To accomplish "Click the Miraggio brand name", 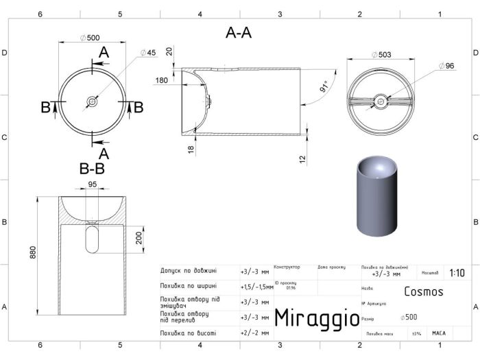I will [317, 317].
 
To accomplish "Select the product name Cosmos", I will [423, 291].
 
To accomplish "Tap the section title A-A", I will [238, 34].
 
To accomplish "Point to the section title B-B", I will [91, 168].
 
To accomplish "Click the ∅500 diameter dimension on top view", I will [90, 38].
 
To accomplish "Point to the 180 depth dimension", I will [162, 80].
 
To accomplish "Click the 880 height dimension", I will [32, 252].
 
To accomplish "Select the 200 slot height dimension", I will [140, 238].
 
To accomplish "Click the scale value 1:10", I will [456, 273].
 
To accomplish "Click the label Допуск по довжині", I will [189, 271].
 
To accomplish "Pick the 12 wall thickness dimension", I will [301, 159].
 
